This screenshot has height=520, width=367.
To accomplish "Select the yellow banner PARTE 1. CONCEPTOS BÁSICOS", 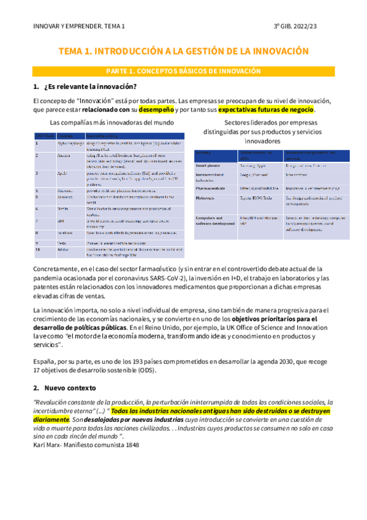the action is click(183, 71).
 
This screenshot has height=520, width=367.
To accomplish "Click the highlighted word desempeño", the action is click(156, 110).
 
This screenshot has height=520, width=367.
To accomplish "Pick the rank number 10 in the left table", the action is click(37, 250).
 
